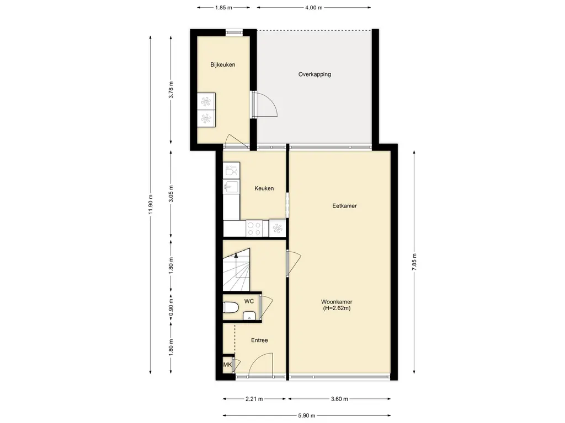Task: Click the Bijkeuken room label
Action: tap(223, 65)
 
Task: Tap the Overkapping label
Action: tap(315, 74)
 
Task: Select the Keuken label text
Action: tap(264, 188)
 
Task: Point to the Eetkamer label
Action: tap(344, 206)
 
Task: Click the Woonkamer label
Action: tap(337, 302)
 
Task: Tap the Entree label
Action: tap(259, 340)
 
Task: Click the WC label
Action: tap(249, 301)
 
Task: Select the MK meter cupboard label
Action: tap(227, 365)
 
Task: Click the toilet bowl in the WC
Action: tap(231, 308)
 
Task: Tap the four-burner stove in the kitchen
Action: tap(254, 229)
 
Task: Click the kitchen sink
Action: tap(231, 187)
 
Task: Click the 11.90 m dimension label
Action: tap(151, 204)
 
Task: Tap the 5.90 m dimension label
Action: tap(307, 415)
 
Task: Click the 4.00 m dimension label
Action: tap(314, 8)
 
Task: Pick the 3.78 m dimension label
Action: tap(171, 90)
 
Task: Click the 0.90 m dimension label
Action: tap(171, 307)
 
